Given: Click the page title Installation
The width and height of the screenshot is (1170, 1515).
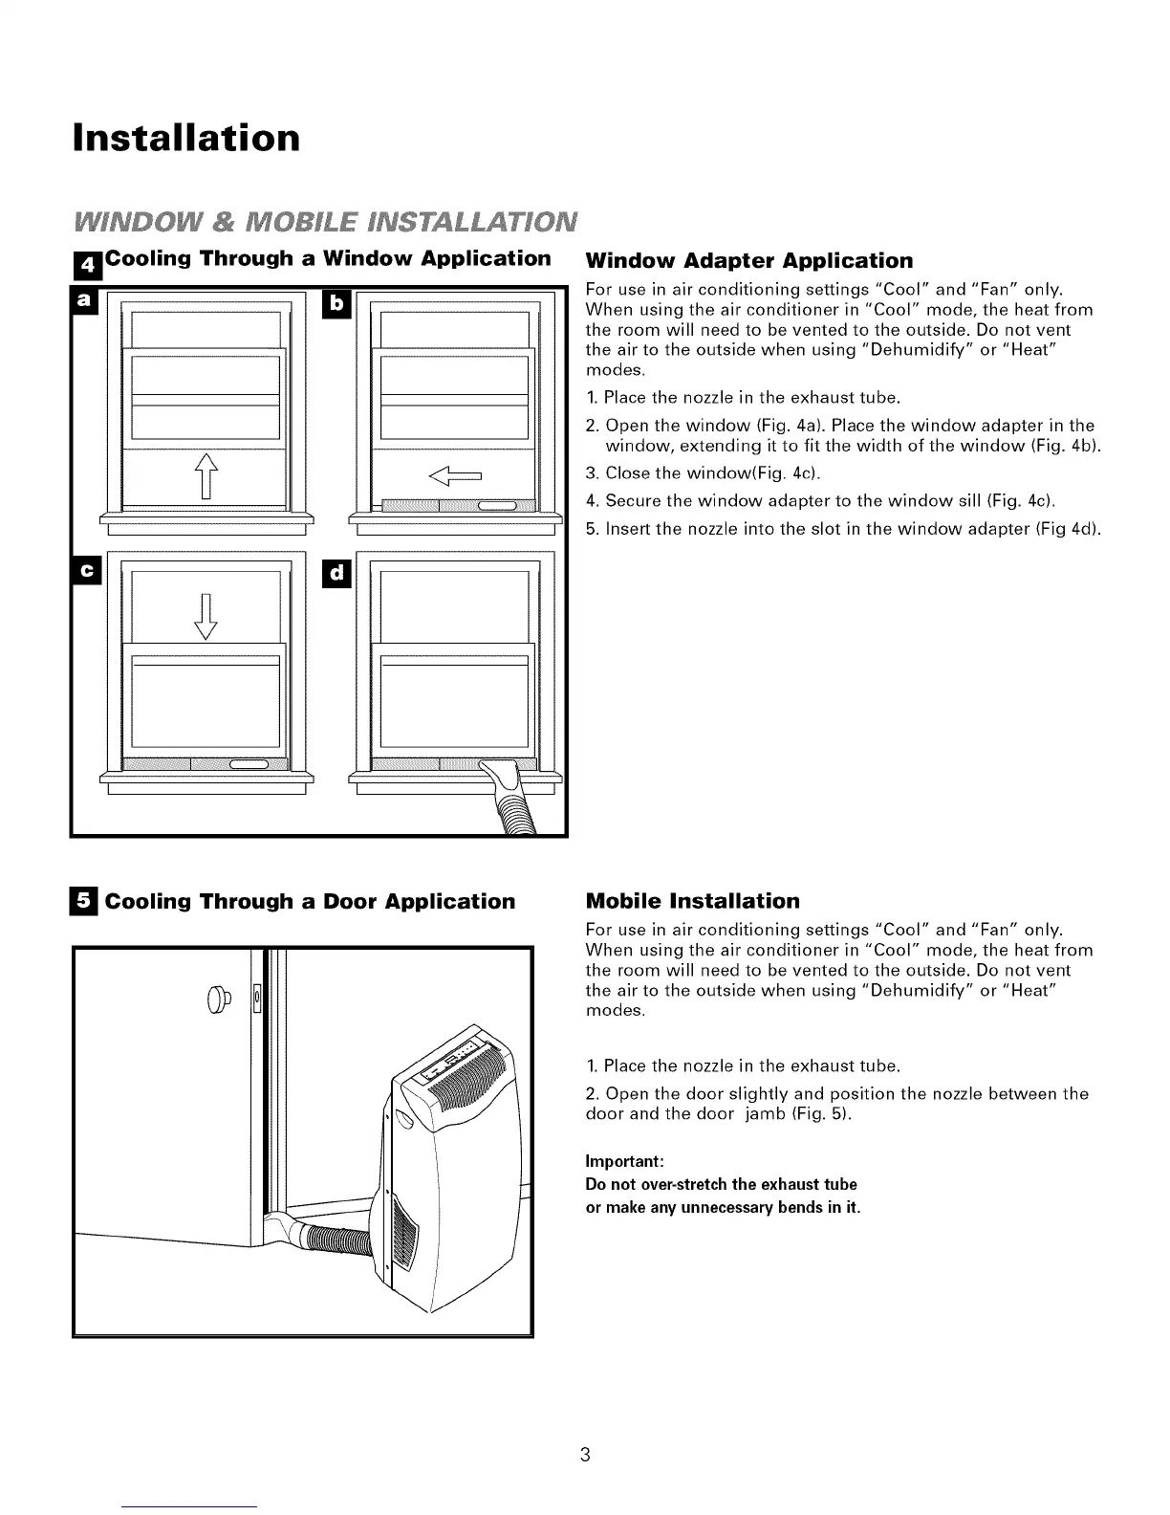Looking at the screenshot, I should pos(186,137).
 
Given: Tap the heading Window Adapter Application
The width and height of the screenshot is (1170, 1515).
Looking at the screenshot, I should pos(748,261).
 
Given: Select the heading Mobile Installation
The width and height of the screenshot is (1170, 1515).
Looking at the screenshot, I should pos(692,901).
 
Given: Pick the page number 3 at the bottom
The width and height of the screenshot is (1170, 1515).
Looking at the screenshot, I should pos(585,1456).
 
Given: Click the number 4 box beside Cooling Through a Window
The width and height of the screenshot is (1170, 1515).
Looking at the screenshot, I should pos(88,261).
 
